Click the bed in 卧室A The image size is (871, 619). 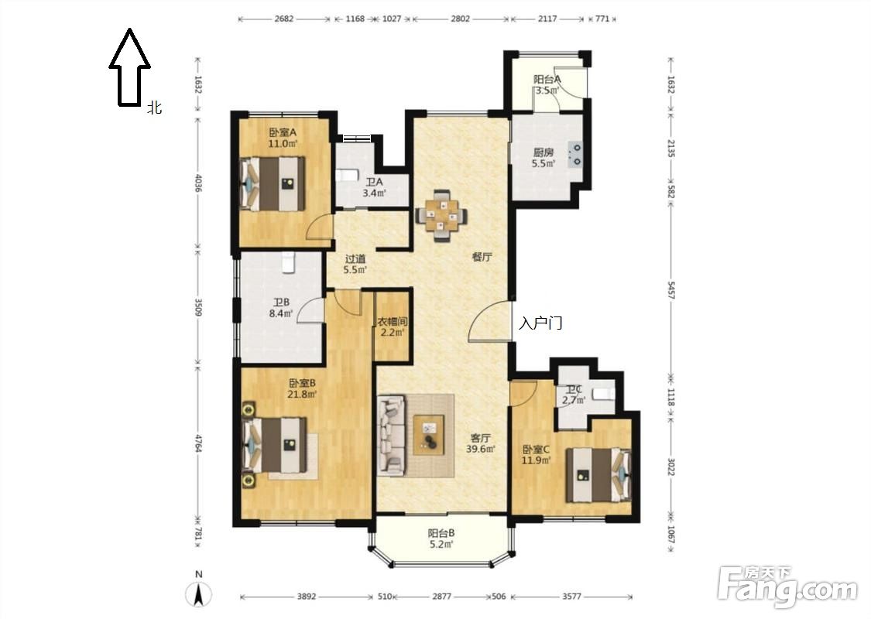click(273, 183)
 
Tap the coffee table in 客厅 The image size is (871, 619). click(428, 435)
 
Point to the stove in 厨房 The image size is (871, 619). click(575, 155)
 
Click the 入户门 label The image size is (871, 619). click(540, 323)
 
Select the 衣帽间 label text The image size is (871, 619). click(393, 321)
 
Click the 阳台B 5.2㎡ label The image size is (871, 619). click(441, 538)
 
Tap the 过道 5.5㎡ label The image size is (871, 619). click(355, 265)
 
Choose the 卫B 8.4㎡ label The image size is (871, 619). click(281, 307)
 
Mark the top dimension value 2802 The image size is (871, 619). click(460, 19)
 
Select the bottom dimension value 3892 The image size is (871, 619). click(306, 597)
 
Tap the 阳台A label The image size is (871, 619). click(547, 79)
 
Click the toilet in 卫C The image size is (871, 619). click(602, 394)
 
